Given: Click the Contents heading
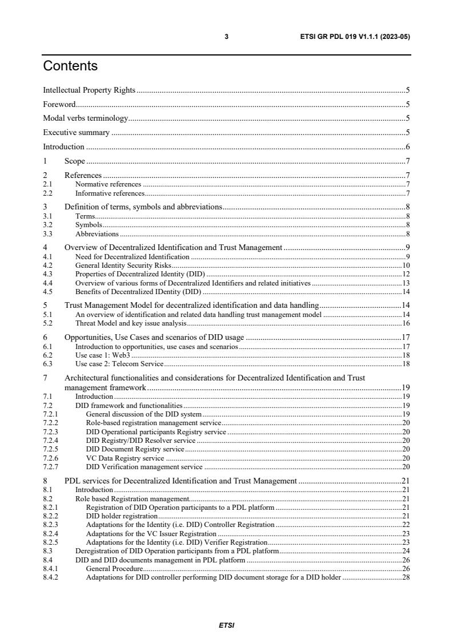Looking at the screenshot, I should click(x=70, y=66).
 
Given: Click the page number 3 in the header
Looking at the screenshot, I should click(x=226, y=37).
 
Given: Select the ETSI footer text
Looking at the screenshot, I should click(x=226, y=625).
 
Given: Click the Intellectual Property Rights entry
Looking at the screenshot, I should click(x=90, y=90).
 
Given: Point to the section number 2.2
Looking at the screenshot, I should click(x=48, y=193).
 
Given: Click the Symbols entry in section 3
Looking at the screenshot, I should click(x=89, y=225).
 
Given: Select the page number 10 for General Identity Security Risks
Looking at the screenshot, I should click(x=406, y=265).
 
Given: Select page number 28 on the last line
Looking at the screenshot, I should click(x=406, y=577).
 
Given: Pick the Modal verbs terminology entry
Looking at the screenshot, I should click(x=86, y=118).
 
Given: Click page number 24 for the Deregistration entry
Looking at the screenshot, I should click(x=406, y=551).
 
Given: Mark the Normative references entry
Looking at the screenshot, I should click(x=108, y=184).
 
